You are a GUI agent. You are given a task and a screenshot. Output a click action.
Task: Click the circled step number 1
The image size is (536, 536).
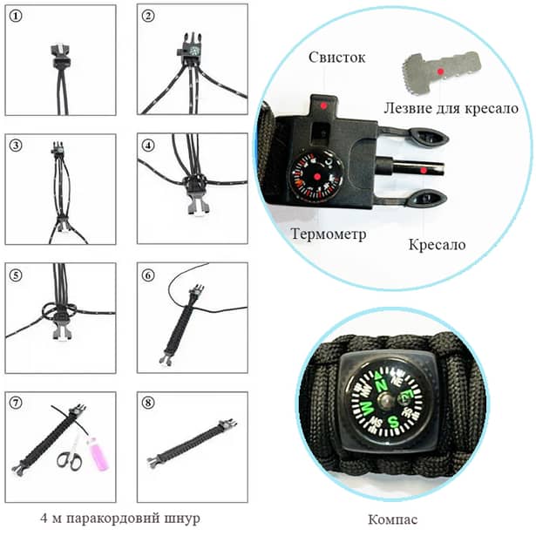[x=15, y=16]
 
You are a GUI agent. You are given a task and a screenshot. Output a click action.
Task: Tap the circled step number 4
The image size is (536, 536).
[x=148, y=145]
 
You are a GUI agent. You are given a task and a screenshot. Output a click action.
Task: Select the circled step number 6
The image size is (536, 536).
[x=148, y=274]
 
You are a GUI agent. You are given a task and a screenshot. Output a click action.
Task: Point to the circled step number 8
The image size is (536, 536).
[x=148, y=403]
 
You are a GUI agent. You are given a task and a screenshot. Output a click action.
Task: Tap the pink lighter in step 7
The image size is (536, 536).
[x=96, y=455]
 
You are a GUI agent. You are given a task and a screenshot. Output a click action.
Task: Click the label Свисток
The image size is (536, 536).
[x=331, y=58]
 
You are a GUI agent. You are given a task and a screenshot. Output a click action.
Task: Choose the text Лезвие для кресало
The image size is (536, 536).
[x=451, y=109]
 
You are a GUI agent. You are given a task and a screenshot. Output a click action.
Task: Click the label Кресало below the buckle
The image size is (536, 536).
[x=437, y=244]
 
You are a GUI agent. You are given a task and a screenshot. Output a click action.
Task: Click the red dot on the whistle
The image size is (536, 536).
[x=323, y=105]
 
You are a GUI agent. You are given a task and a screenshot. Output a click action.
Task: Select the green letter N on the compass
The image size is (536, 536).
[x=381, y=381]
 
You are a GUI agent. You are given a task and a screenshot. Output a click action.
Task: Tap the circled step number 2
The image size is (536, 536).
[x=148, y=16]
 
